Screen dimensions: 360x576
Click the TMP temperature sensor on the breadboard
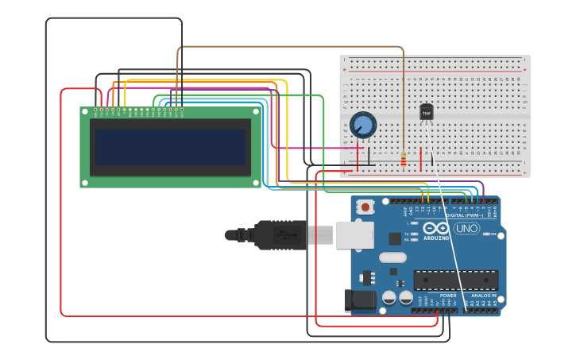[x=427, y=113]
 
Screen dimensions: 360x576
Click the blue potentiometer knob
[x=363, y=125]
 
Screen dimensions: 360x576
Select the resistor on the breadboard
[x=404, y=160]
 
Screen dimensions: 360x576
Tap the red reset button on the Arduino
[x=365, y=207]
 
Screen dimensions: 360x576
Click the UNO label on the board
[x=466, y=228]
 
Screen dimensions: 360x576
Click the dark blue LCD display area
[x=170, y=147]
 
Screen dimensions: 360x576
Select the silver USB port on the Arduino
[x=354, y=234]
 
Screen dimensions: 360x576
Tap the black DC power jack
[x=359, y=300]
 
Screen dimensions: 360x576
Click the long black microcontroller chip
[x=456, y=280]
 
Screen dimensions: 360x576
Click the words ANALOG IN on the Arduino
[x=483, y=296]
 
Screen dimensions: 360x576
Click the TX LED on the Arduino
[x=414, y=234]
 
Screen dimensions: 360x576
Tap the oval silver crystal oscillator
[x=392, y=257]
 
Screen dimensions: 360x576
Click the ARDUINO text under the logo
[x=436, y=238]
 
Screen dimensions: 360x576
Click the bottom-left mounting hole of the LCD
[x=83, y=184]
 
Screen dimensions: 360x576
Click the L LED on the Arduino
[x=414, y=223]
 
